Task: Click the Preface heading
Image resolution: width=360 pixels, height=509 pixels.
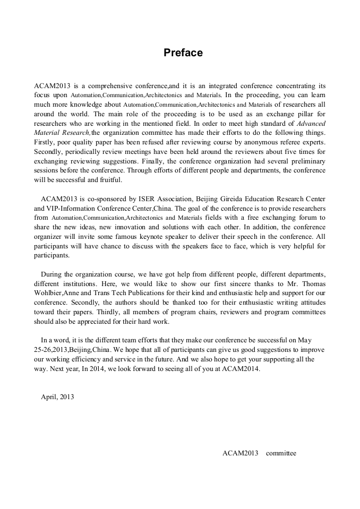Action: (x=183, y=53)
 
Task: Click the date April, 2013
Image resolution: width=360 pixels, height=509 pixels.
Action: (x=57, y=396)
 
